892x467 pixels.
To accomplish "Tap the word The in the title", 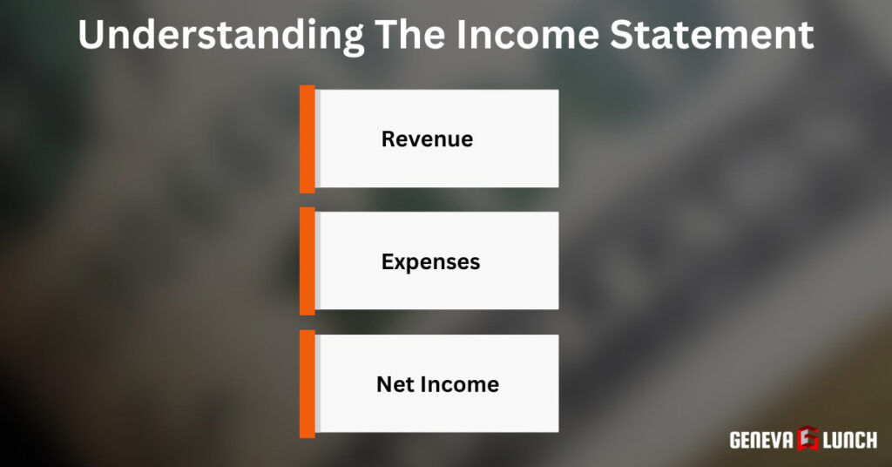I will (416, 35).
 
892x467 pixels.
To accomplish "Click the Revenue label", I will (427, 139).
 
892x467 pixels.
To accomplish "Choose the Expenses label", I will (430, 261).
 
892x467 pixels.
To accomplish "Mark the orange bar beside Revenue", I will (307, 139).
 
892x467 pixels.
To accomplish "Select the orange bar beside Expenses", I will (307, 261).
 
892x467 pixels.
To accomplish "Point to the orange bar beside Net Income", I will (307, 384).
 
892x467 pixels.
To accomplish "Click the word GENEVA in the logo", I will (760, 440).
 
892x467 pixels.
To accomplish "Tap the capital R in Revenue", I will (389, 139).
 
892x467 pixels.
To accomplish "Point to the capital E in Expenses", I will (388, 261).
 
